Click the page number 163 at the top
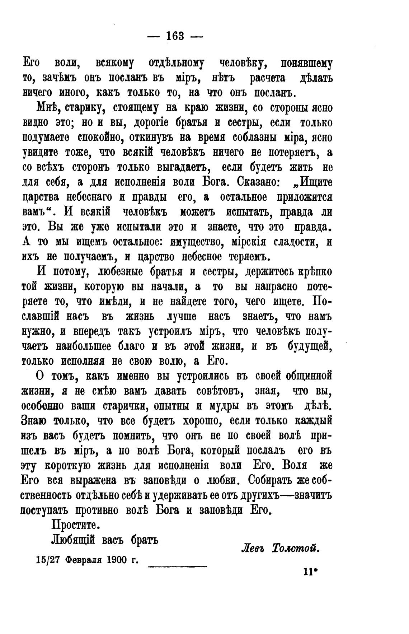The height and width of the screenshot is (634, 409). pyautogui.click(x=175, y=36)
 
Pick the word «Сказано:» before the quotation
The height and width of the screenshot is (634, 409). pyautogui.click(x=259, y=182)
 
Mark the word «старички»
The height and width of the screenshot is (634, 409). pyautogui.click(x=124, y=406)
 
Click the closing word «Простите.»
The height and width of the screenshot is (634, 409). pyautogui.click(x=75, y=525)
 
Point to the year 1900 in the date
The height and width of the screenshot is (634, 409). pyautogui.click(x=118, y=560)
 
